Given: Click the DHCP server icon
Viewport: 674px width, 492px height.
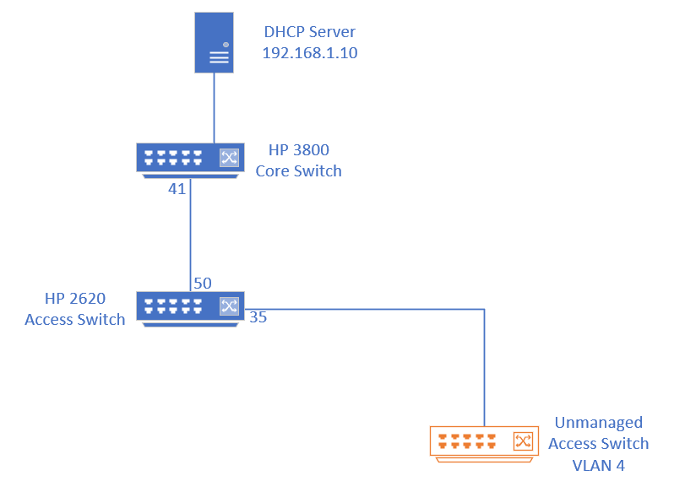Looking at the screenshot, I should pyautogui.click(x=214, y=41).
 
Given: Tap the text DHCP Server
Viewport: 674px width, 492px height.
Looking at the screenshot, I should pyautogui.click(x=310, y=32).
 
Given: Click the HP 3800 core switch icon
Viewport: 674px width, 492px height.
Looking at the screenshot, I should pyautogui.click(x=190, y=158).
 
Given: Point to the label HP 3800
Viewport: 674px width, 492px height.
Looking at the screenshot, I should pyautogui.click(x=298, y=150).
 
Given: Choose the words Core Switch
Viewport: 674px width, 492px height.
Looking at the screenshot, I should pyautogui.click(x=298, y=170).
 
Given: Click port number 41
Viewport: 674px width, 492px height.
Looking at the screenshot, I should pyautogui.click(x=177, y=189).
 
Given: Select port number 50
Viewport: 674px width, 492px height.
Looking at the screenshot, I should pyautogui.click(x=203, y=284).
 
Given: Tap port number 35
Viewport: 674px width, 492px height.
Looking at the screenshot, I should pyautogui.click(x=258, y=318).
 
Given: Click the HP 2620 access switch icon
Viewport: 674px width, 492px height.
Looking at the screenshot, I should pyautogui.click(x=190, y=307).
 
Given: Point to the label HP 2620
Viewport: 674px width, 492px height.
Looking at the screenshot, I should pyautogui.click(x=75, y=299).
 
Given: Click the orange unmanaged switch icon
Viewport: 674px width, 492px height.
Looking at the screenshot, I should pyautogui.click(x=484, y=442).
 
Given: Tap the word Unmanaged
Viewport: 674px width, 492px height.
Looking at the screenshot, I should pyautogui.click(x=598, y=423).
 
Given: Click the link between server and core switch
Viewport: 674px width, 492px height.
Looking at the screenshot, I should pyautogui.click(x=214, y=107).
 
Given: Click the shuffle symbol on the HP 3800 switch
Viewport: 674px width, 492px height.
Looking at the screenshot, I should pyautogui.click(x=229, y=157).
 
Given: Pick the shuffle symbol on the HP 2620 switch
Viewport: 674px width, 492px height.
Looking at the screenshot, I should pyautogui.click(x=229, y=305).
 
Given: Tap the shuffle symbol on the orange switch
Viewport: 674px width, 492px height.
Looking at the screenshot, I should pyautogui.click(x=523, y=441).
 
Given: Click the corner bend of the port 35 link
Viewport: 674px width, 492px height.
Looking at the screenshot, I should pyautogui.click(x=484, y=310).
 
